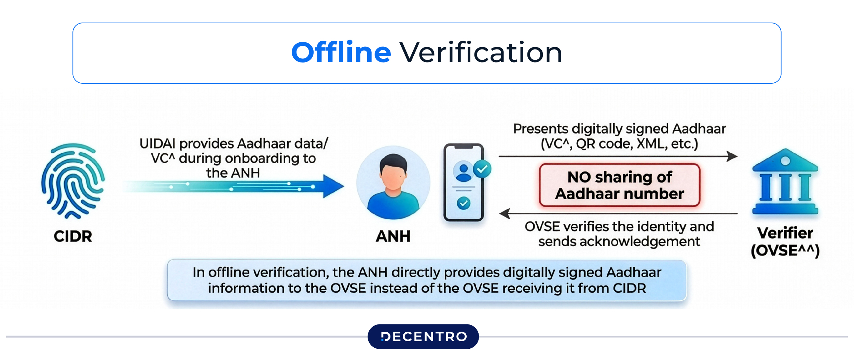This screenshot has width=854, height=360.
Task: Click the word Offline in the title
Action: pyautogui.click(x=341, y=53)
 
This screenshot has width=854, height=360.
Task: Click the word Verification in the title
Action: pyautogui.click(x=481, y=53)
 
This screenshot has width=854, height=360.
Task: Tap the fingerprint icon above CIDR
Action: pyautogui.click(x=73, y=181)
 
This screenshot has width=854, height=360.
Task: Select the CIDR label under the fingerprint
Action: pyautogui.click(x=73, y=236)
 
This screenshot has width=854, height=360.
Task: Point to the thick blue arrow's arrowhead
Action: pyautogui.click(x=333, y=186)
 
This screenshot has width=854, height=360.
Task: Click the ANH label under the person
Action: pyautogui.click(x=393, y=236)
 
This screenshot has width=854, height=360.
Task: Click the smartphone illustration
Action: pyautogui.click(x=464, y=183)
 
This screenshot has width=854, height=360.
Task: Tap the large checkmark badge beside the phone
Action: pyautogui.click(x=482, y=169)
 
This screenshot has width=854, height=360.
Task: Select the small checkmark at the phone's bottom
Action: pyautogui.click(x=464, y=204)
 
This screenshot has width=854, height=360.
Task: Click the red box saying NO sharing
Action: pyautogui.click(x=619, y=185)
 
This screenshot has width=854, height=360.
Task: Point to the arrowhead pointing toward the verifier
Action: pyautogui.click(x=732, y=156)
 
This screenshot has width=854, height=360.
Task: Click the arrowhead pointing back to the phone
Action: pyautogui.click(x=505, y=213)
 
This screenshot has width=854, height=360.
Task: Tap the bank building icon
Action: pyautogui.click(x=785, y=182)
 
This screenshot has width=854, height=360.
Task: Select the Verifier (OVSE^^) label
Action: pyautogui.click(x=785, y=242)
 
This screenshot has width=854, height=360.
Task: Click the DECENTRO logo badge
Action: pyautogui.click(x=423, y=336)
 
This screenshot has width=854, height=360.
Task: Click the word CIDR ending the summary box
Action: pyautogui.click(x=629, y=288)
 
